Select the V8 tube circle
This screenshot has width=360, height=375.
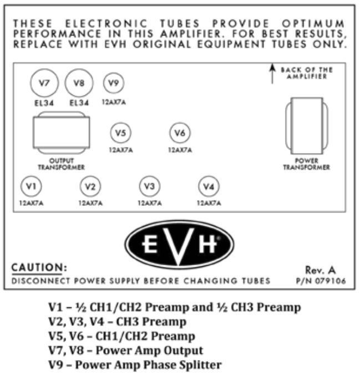(x=78, y=84)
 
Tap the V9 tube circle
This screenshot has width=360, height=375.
(x=114, y=83)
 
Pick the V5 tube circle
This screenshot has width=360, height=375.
(x=120, y=133)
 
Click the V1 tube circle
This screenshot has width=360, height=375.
(x=31, y=185)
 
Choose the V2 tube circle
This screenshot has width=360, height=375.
(x=90, y=186)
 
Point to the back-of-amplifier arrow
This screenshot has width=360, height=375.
(x=272, y=73)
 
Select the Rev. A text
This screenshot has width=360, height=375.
(x=320, y=270)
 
